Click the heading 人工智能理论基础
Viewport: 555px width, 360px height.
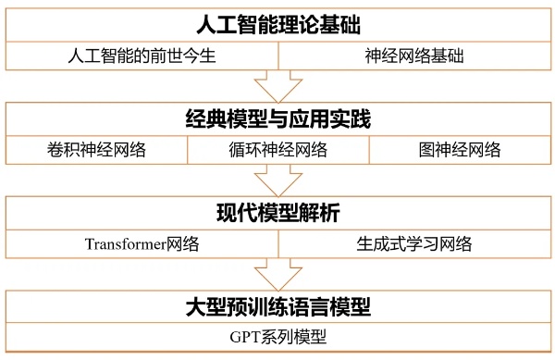(x=278, y=25)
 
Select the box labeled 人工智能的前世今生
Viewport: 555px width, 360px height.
(x=142, y=56)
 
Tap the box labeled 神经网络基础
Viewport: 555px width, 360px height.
(x=414, y=56)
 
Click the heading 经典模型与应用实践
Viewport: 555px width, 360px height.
(x=278, y=119)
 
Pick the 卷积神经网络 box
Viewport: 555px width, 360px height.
(x=96, y=150)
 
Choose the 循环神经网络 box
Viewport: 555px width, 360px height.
(x=278, y=150)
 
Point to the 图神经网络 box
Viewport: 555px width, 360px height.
(x=460, y=150)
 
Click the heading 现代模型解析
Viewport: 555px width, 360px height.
(x=278, y=213)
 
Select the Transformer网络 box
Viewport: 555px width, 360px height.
(x=142, y=244)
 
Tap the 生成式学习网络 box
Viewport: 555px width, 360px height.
(x=414, y=244)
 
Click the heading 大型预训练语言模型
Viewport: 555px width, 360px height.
(x=278, y=306)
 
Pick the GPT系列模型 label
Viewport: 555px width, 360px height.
(x=278, y=337)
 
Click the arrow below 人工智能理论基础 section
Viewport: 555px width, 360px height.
(x=278, y=87)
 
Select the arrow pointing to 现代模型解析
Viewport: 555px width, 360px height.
(x=278, y=180)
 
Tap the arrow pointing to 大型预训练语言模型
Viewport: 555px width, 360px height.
(x=278, y=275)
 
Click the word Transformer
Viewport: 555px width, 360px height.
(x=126, y=244)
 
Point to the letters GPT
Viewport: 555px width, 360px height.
(x=245, y=337)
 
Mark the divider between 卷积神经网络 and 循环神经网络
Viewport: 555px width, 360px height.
(x=187, y=150)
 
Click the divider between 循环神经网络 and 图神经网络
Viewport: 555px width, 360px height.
(x=369, y=150)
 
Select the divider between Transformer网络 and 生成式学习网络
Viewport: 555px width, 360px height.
(x=278, y=244)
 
